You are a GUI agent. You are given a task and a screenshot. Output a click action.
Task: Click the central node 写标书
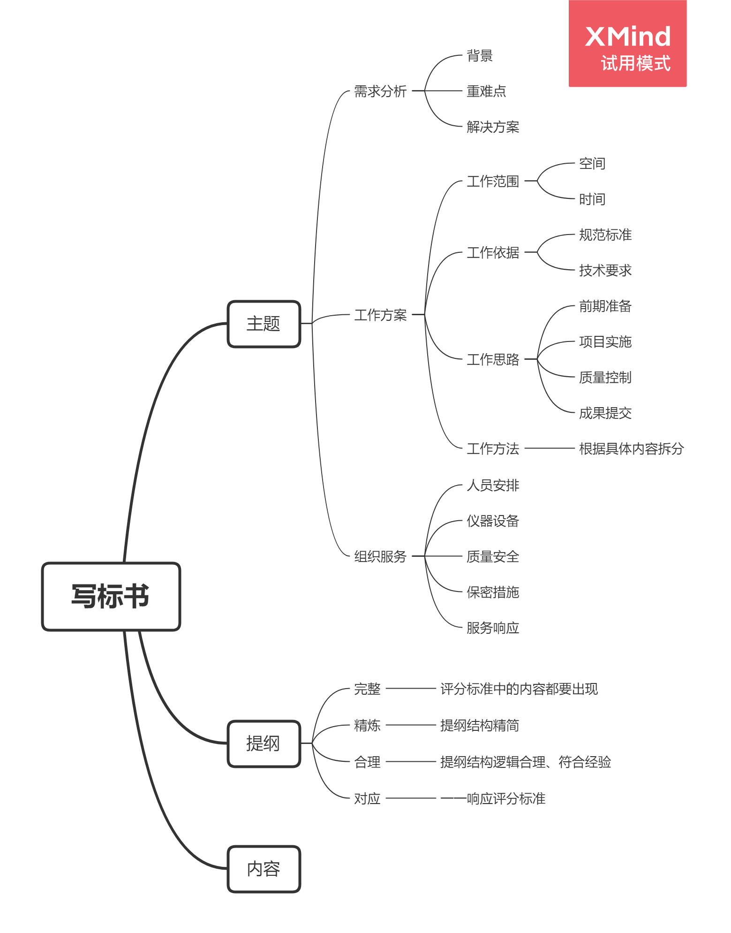pos(111,596)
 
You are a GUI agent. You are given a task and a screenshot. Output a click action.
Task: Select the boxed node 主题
pos(264,324)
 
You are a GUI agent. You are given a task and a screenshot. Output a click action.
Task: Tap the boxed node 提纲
pos(264,743)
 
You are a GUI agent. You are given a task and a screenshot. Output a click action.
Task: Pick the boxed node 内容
pos(264,869)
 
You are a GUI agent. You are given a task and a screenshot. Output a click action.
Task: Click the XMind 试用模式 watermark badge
pos(627,44)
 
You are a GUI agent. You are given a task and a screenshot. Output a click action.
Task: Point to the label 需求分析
pos(380,91)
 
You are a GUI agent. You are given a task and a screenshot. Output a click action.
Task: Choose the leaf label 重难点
pos(486,91)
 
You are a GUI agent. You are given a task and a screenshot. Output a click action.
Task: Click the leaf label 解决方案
pos(493,127)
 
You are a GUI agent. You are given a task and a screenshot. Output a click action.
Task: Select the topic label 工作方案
pos(380,315)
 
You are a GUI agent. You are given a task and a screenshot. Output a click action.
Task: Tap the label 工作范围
pos(493,181)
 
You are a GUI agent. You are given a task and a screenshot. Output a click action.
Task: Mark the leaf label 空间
pos(592,163)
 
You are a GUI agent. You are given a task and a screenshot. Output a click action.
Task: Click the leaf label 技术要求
pos(605,270)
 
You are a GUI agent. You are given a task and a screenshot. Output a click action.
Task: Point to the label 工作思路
pos(493,359)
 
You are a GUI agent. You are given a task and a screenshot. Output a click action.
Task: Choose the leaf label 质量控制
pos(605,377)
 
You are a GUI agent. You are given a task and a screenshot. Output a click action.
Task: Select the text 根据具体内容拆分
pos(632,448)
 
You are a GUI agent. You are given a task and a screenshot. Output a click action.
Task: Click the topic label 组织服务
pos(380,556)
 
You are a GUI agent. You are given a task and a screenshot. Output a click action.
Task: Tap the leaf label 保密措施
pos(493,592)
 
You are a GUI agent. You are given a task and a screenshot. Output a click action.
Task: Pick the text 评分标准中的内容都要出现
pos(519,689)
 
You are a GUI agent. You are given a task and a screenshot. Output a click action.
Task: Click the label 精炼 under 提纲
pos(367,725)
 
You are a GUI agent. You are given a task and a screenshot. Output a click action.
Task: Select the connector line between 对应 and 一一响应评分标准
pos(411,798)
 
